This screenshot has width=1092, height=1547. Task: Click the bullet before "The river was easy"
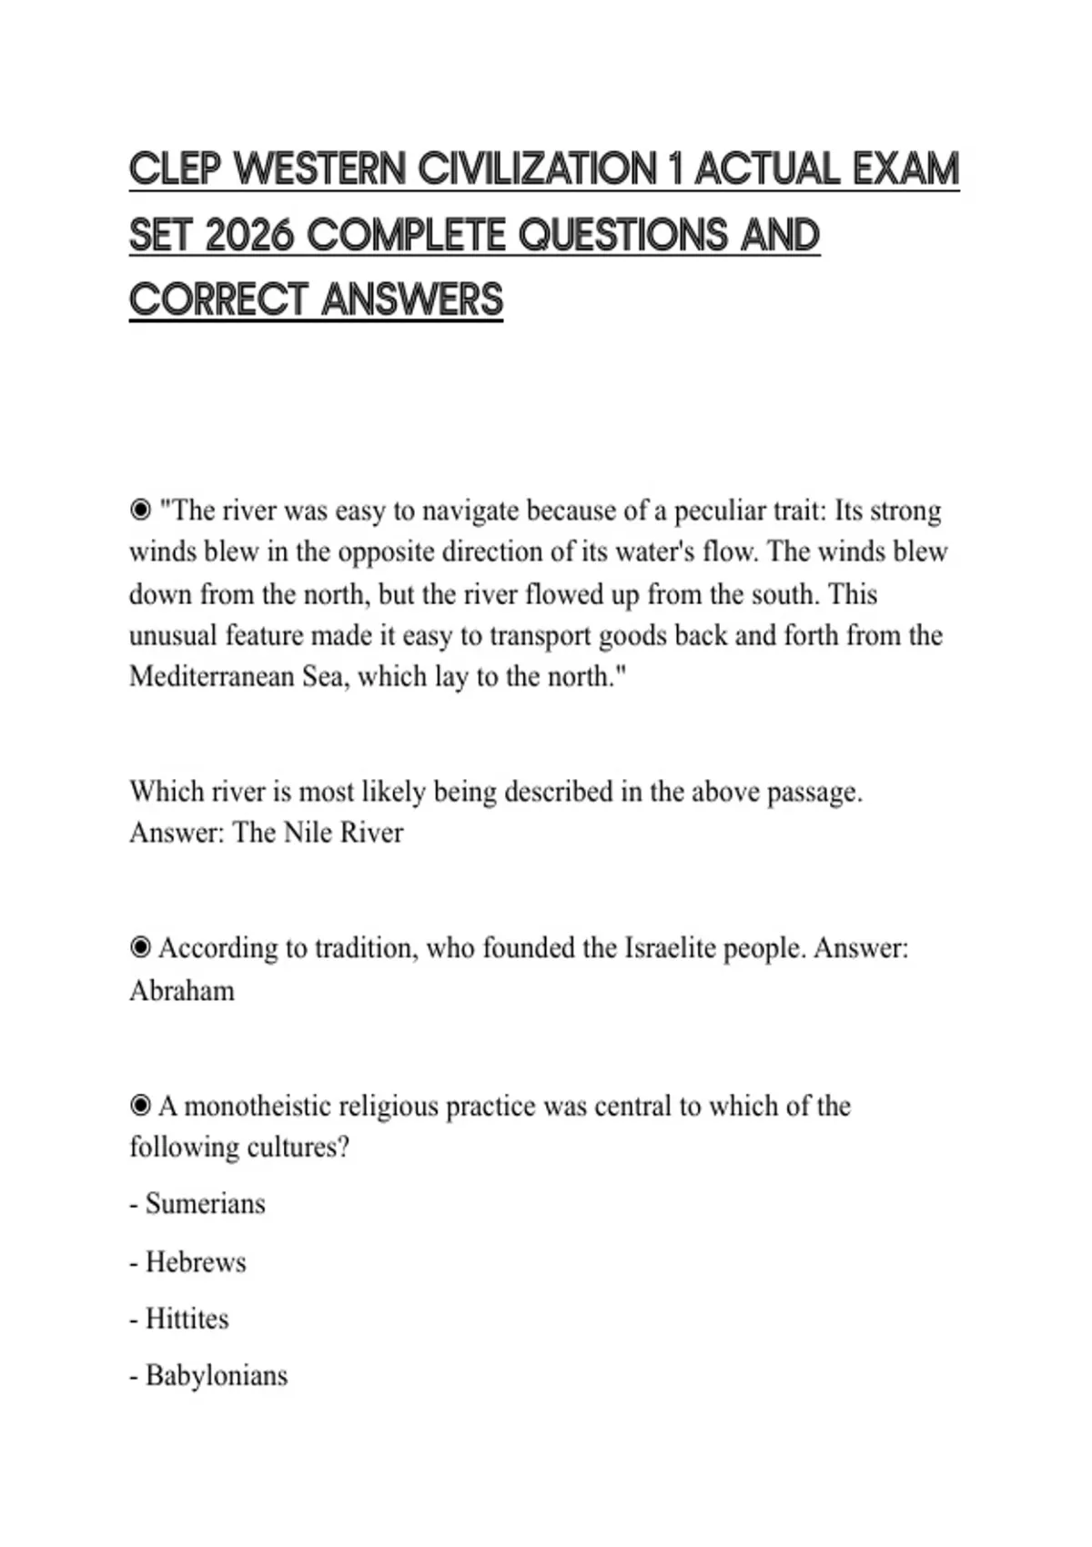pos(140,511)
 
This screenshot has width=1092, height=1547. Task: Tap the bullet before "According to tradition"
pos(140,948)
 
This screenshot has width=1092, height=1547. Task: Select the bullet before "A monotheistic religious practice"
pos(140,1106)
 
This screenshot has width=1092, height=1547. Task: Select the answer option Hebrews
pos(196,1262)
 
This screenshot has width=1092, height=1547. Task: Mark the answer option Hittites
pos(187,1319)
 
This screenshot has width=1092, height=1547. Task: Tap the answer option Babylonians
pos(216,1375)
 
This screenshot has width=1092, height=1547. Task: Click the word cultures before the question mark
pos(295,1147)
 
